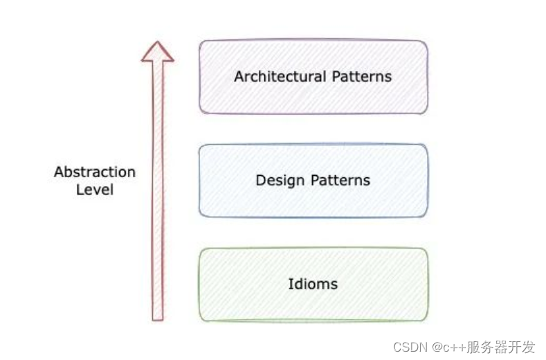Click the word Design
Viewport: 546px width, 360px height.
tap(280, 181)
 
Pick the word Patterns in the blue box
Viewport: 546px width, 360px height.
tap(339, 181)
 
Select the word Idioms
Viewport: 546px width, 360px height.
tap(313, 284)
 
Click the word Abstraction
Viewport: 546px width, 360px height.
tap(95, 172)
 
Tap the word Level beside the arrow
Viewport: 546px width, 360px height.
tap(95, 189)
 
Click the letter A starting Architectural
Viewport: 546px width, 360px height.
tap(239, 76)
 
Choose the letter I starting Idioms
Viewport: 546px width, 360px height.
tap(290, 284)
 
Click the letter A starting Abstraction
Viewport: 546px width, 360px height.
tap(59, 172)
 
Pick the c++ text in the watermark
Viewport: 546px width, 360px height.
tap(458, 347)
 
